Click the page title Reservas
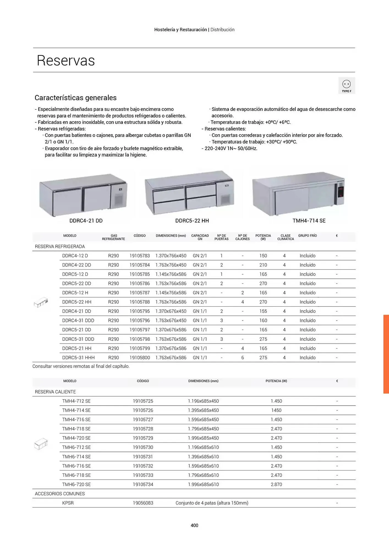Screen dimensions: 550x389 click(66, 61)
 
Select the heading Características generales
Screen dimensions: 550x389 click(76, 98)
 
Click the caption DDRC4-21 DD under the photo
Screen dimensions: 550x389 click(86, 221)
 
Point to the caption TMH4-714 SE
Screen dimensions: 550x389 click(309, 221)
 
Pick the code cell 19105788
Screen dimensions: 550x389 click(140, 302)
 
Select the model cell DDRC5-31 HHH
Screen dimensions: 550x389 click(78, 358)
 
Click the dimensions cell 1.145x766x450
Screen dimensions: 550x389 click(171, 274)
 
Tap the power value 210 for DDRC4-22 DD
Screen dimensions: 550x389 click(263, 265)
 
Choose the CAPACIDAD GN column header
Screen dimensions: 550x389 click(200, 237)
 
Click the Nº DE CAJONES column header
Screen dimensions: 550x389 click(242, 237)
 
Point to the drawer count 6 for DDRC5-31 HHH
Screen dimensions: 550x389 click(243, 358)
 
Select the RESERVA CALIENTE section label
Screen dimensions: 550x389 click(55, 392)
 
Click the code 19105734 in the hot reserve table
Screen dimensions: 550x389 click(143, 484)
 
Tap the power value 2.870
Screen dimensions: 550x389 click(276, 484)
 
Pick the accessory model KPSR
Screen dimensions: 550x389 click(68, 503)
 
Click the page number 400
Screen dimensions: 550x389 click(194, 525)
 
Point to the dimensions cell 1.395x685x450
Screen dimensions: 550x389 click(203, 410)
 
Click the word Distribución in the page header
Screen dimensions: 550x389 click(222, 30)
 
